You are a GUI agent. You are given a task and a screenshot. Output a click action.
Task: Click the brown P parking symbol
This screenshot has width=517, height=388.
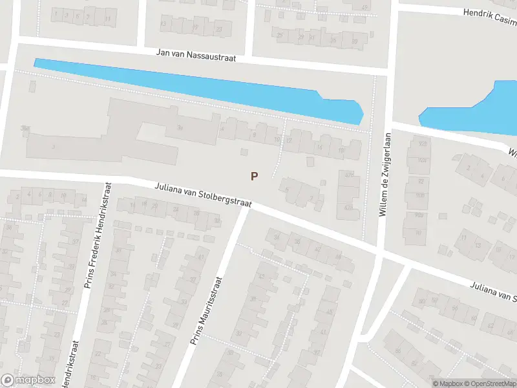coord(255,176)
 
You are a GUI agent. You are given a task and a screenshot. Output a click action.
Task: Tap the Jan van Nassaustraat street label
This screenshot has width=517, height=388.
coord(196,56)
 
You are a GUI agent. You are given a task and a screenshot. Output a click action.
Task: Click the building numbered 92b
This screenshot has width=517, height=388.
coord(423,144)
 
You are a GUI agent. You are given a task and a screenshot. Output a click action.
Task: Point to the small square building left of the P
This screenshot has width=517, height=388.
coord(243,152)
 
